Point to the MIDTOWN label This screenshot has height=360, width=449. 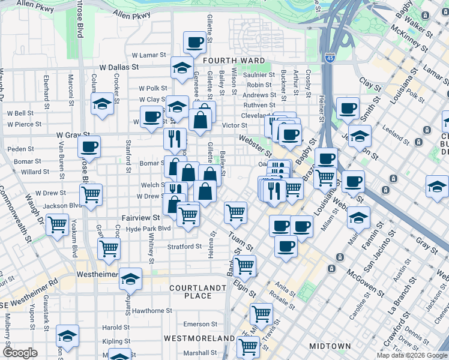pos(330,346)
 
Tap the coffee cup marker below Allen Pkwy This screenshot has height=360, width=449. pos(194,43)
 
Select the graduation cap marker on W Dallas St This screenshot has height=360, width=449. pos(182,68)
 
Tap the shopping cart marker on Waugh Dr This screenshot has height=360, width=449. pos(58,225)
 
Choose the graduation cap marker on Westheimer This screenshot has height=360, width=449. pos(130,280)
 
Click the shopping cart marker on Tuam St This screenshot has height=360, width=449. pos(235,212)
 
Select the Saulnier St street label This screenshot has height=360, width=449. pos(261,75)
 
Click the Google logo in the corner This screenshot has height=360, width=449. pos(20,353)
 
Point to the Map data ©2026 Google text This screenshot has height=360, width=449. pos(412,355)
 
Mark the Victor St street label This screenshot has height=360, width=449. pos(235,125)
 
